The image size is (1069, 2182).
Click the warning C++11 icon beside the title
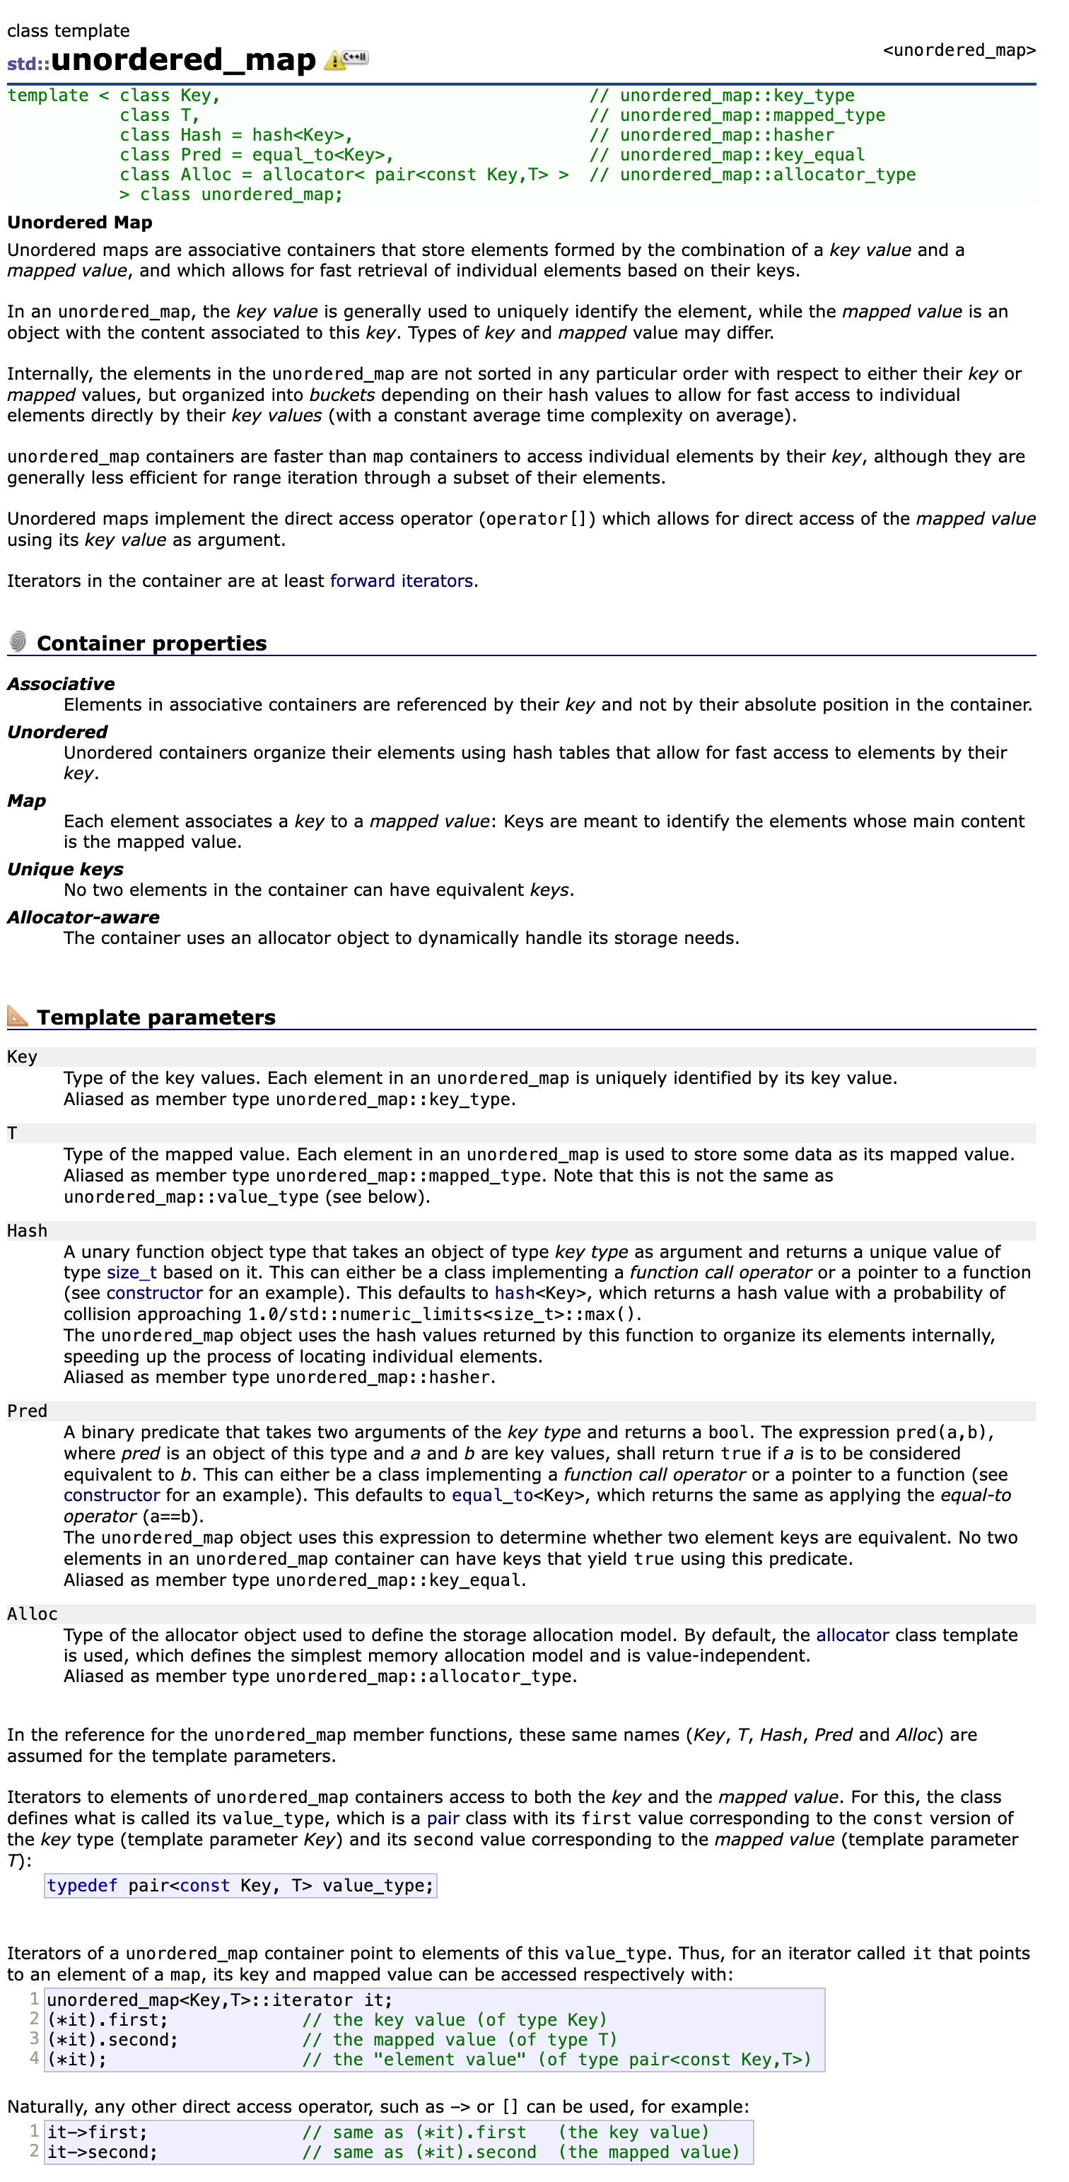pyautogui.click(x=346, y=59)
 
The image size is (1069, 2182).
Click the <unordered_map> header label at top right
pyautogui.click(x=959, y=50)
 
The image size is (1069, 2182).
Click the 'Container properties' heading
pyautogui.click(x=151, y=643)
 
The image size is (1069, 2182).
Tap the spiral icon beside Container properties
pyautogui.click(x=18, y=641)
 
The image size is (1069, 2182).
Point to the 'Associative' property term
pyautogui.click(x=61, y=684)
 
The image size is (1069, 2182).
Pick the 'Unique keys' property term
pyautogui.click(x=65, y=869)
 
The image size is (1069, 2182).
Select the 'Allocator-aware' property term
pyautogui.click(x=83, y=917)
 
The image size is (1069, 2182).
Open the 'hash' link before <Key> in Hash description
pyautogui.click(x=514, y=1293)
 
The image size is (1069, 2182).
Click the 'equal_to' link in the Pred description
pyautogui.click(x=492, y=1495)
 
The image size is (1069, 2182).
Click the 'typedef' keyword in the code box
pyautogui.click(x=82, y=1886)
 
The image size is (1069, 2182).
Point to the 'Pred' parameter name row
pyautogui.click(x=27, y=1411)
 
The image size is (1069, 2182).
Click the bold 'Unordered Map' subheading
pyautogui.click(x=80, y=223)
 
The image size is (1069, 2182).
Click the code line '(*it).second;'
pyautogui.click(x=112, y=2040)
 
